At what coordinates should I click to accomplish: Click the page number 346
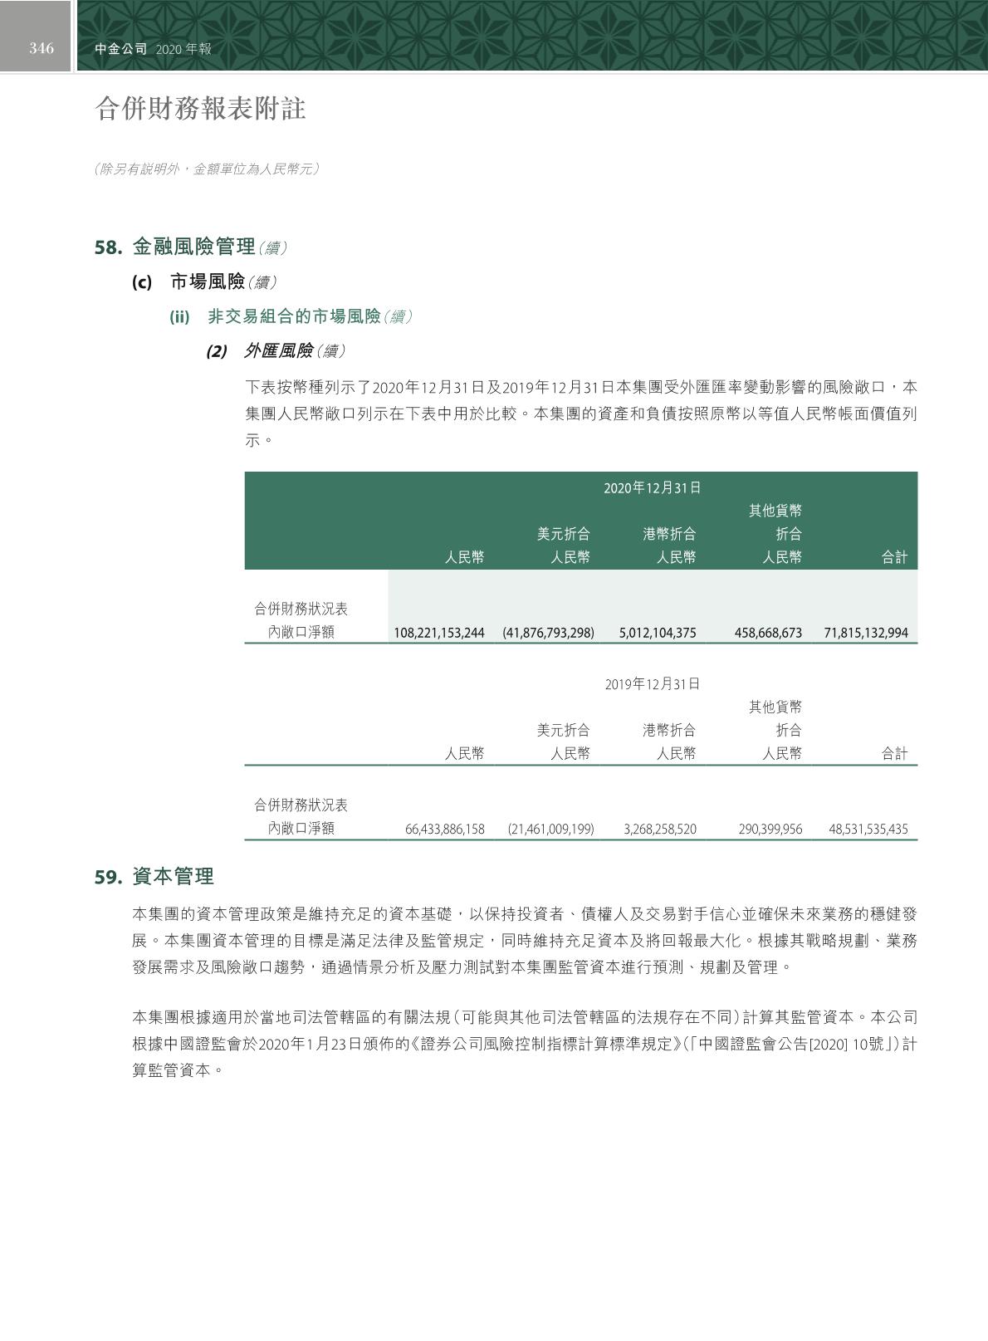42,48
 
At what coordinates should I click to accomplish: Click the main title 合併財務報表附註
201,109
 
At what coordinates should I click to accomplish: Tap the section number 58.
109,247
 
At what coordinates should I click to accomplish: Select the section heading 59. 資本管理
154,877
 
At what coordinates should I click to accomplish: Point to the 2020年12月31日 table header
652,487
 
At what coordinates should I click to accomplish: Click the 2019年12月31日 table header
652,684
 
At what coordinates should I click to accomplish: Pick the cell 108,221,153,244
438,633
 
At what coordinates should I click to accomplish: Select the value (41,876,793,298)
548,633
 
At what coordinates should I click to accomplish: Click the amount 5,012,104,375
658,633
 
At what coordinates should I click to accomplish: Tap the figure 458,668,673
768,633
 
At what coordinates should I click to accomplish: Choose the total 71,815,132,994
866,633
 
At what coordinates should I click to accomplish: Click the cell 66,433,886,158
444,829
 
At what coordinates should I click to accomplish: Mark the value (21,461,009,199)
550,829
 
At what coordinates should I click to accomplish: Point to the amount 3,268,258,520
660,829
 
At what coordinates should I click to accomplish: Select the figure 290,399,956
770,829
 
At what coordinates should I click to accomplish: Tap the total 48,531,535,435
868,829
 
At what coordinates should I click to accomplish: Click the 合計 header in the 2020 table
894,558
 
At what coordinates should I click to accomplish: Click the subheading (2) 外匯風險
276,351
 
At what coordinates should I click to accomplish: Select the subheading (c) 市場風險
203,282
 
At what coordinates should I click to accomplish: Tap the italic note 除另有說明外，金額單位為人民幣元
207,169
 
